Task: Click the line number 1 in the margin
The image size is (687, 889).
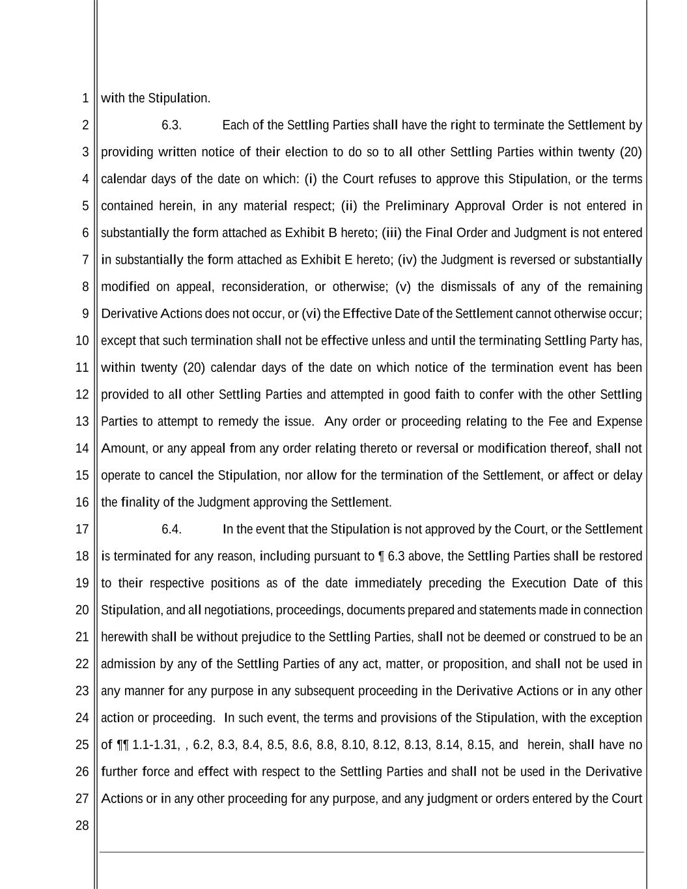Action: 85,98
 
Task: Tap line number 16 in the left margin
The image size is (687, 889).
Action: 82,502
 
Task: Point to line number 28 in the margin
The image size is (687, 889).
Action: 82,826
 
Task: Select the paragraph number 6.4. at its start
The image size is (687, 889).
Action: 171,529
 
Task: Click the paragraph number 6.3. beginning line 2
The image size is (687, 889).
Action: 171,125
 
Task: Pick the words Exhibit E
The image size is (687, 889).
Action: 326,260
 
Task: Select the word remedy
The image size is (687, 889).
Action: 238,421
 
